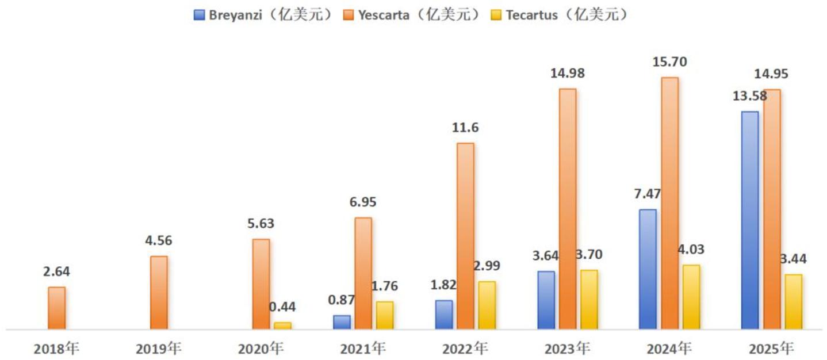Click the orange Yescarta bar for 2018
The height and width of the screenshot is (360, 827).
pyautogui.click(x=57, y=308)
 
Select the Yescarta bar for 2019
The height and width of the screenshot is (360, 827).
pyautogui.click(x=159, y=293)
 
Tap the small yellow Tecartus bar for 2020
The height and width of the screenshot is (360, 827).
pyautogui.click(x=282, y=325)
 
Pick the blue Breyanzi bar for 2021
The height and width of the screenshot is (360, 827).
pyautogui.click(x=342, y=322)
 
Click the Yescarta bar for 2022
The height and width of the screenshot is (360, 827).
pyautogui.click(x=466, y=236)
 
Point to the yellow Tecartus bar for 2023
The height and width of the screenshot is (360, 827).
pyautogui.click(x=589, y=300)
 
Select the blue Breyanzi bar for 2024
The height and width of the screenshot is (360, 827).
pyautogui.click(x=648, y=269)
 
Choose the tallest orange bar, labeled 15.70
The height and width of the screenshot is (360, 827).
pyautogui.click(x=670, y=203)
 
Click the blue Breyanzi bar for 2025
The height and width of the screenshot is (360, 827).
pyautogui.click(x=750, y=220)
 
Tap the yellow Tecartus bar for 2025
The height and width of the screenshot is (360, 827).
pyautogui.click(x=794, y=302)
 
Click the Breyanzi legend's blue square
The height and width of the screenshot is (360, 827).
pyautogui.click(x=199, y=15)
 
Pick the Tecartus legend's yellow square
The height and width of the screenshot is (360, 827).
pyautogui.click(x=496, y=15)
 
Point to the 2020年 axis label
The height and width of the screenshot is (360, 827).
pyautogui.click(x=261, y=348)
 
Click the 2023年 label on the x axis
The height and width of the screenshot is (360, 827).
pyautogui.click(x=568, y=348)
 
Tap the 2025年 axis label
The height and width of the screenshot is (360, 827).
pyautogui.click(x=771, y=348)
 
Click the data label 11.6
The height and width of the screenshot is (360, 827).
pyautogui.click(x=466, y=128)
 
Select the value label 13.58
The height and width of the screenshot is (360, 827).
pyautogui.click(x=749, y=96)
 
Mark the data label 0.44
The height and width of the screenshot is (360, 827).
pyautogui.click(x=282, y=307)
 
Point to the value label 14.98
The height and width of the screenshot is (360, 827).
pyautogui.click(x=568, y=74)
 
